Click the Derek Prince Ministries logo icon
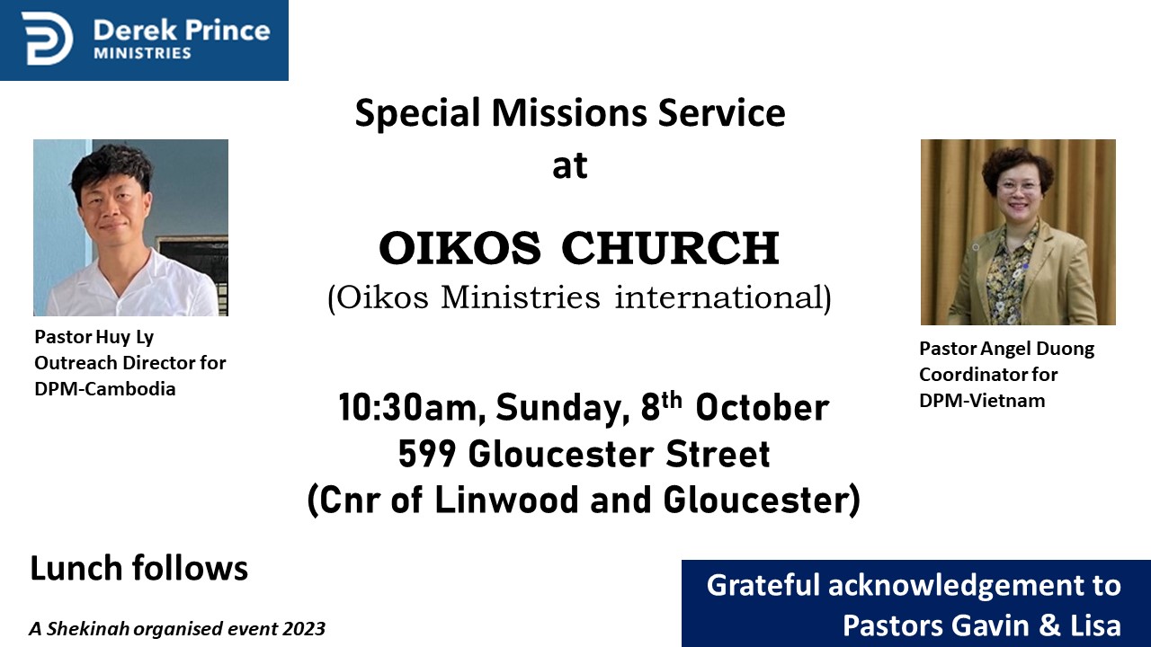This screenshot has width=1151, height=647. point(48,39)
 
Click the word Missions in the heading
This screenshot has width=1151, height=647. point(569,112)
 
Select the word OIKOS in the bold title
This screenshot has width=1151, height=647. point(460,248)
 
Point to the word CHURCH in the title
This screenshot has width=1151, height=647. point(671,248)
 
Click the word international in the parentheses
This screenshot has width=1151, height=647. point(723,297)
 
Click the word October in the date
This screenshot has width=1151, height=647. point(762,408)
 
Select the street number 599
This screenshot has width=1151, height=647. point(427,454)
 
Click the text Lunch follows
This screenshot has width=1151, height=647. point(138,568)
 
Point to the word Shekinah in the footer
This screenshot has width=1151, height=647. point(87,628)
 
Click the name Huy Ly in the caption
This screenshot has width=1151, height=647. point(125,338)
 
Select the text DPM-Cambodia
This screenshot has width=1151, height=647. point(105,389)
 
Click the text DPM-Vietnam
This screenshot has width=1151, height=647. point(982,401)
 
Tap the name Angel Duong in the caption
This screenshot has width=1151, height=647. point(1038,350)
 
